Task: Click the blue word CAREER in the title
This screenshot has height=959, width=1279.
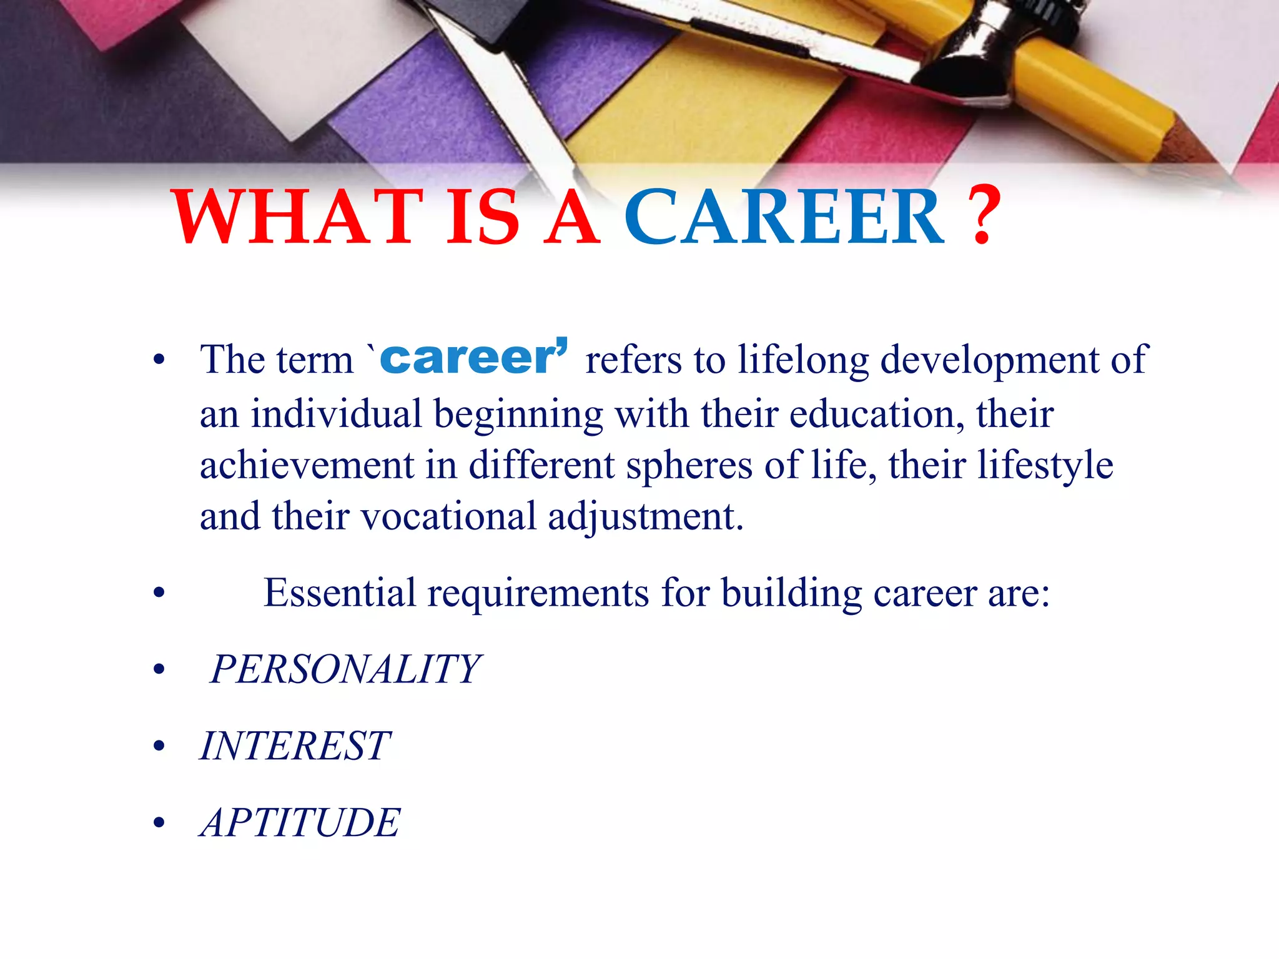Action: coord(784,217)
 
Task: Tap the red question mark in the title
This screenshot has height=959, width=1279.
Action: coord(982,215)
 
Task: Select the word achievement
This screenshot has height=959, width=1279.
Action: coord(307,465)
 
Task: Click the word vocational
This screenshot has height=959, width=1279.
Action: coord(448,516)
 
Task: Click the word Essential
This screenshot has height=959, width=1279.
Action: coord(339,593)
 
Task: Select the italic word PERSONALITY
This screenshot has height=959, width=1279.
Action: coord(345,669)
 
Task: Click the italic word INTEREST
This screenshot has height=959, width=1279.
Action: coord(295,745)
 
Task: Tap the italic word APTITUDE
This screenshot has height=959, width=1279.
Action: coord(300,822)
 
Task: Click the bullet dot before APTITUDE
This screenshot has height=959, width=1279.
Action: coord(159,823)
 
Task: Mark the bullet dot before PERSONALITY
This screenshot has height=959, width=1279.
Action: coord(159,670)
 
